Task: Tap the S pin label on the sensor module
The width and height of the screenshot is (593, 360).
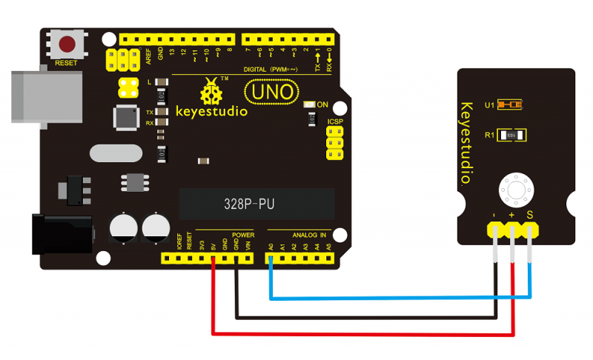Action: pyautogui.click(x=530, y=215)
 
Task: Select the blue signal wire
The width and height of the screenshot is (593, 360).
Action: pyautogui.click(x=400, y=298)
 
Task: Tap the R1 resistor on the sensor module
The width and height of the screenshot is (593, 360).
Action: pyautogui.click(x=512, y=136)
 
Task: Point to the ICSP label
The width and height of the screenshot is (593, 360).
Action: pyautogui.click(x=335, y=121)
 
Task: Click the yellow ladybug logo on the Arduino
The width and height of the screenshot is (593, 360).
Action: pyautogui.click(x=211, y=93)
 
